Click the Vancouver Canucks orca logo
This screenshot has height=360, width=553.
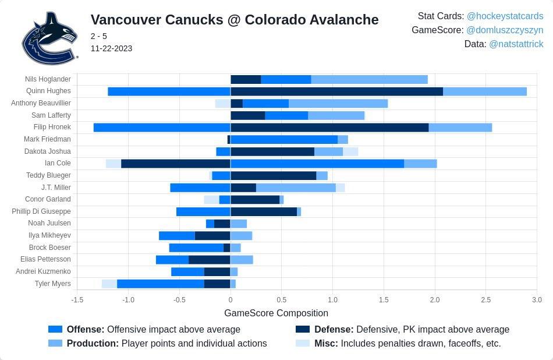pyautogui.click(x=49, y=38)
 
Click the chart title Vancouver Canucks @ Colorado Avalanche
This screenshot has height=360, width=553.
pyautogui.click(x=235, y=20)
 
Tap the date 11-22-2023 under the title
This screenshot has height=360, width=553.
pyautogui.click(x=111, y=48)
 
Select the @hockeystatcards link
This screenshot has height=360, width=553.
pyautogui.click(x=505, y=16)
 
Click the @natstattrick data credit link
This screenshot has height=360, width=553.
pyautogui.click(x=516, y=44)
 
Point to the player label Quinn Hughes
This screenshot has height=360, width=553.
pyautogui.click(x=48, y=91)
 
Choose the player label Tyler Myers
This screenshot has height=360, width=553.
pyautogui.click(x=53, y=284)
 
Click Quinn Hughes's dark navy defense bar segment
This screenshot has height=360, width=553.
pyautogui.click(x=336, y=91)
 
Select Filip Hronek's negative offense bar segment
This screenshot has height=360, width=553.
pyautogui.click(x=162, y=128)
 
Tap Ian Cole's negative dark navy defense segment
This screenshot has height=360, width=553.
pyautogui.click(x=175, y=164)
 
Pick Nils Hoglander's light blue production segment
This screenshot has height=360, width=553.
pyautogui.click(x=369, y=79)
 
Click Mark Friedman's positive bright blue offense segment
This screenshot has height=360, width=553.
pyautogui.click(x=284, y=139)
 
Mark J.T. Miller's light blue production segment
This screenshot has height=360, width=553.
pyautogui.click(x=296, y=188)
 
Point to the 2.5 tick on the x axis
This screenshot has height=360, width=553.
pyautogui.click(x=485, y=300)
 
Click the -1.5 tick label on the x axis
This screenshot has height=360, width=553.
pyautogui.click(x=77, y=300)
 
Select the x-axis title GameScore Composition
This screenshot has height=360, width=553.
pyautogui.click(x=276, y=313)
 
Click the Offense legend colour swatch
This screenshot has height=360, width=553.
pyautogui.click(x=55, y=329)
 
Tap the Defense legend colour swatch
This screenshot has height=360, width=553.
pyautogui.click(x=303, y=329)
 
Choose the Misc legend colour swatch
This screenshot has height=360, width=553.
pyautogui.click(x=303, y=343)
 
